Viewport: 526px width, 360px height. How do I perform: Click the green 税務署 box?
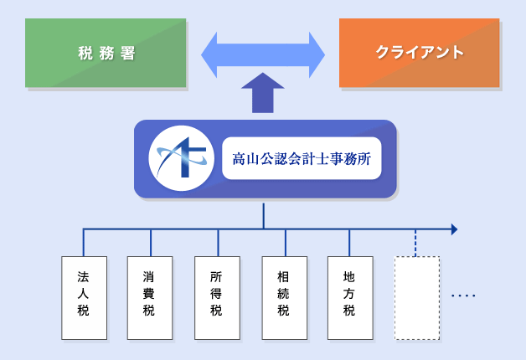pos(106,53)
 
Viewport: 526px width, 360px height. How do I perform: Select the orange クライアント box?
pos(420,53)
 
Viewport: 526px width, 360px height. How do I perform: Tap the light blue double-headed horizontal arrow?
pos(263,55)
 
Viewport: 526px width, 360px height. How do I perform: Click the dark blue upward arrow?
pos(263,93)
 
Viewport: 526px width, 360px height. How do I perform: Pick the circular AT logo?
pos(182,158)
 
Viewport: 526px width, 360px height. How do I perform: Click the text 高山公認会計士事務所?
pos(302,158)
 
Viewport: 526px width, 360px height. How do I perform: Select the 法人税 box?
pos(85,298)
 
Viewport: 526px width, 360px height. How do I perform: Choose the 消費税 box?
pos(150,298)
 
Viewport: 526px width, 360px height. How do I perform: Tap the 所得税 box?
pos(218,298)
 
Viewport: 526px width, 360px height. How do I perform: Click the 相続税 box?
pos(285,298)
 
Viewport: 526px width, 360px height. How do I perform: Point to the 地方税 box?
pos(350,298)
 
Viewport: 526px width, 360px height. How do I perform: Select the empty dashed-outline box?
pos(417,298)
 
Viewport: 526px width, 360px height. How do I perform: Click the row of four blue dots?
pos(463,296)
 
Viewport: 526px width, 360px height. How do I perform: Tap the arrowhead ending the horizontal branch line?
pos(454,229)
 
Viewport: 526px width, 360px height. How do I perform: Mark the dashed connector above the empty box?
pos(415,243)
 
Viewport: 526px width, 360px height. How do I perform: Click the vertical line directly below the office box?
pos(263,215)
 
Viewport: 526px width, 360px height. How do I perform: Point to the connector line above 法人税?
pos(84,243)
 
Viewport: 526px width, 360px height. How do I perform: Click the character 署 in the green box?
pos(128,53)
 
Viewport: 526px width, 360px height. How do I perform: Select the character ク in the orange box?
pos(383,53)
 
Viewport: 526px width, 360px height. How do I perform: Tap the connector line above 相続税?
pos(286,243)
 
